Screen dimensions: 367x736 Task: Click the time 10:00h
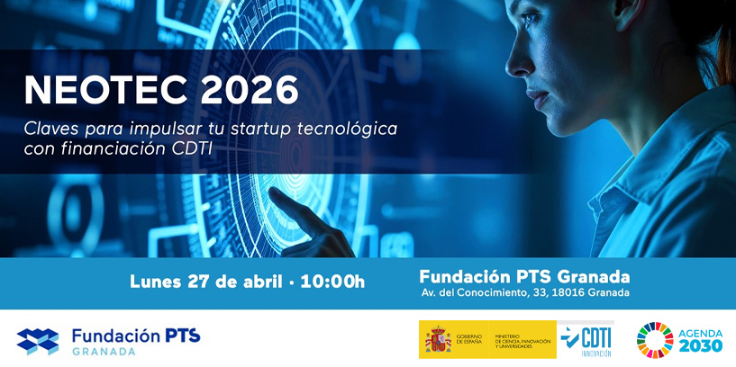point(332,282)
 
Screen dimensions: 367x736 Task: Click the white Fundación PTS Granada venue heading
point(525,275)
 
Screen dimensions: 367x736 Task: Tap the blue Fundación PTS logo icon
point(37,341)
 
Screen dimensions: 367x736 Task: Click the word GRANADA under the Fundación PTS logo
point(104,352)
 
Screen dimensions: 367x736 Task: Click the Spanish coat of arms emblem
point(439,340)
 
